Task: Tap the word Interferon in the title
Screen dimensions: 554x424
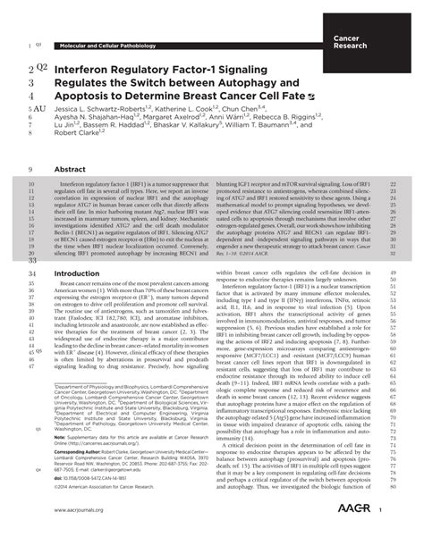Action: (89, 68)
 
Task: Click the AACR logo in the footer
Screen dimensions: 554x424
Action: (370, 535)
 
